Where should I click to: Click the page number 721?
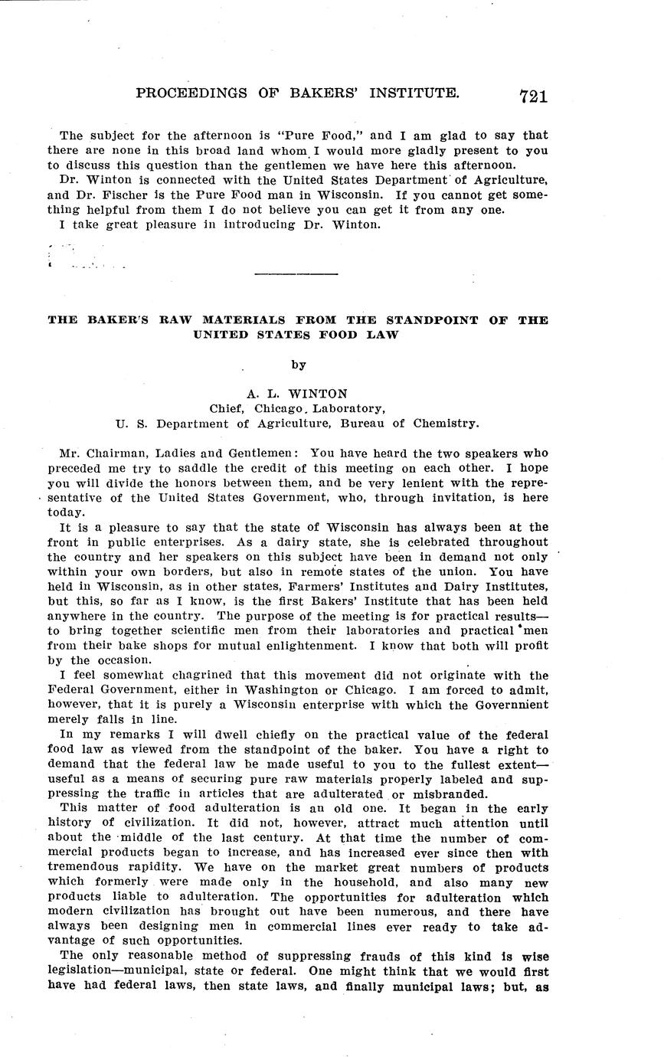click(x=533, y=96)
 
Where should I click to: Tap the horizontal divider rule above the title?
click(x=296, y=273)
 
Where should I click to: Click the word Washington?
click(x=273, y=689)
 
